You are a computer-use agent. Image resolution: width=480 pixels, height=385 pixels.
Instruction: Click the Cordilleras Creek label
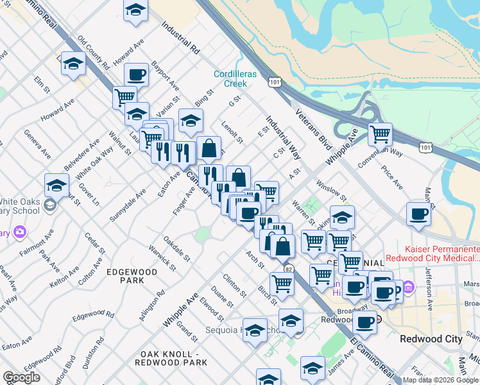click(235, 79)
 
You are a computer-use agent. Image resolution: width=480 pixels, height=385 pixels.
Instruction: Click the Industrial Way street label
click(283, 137)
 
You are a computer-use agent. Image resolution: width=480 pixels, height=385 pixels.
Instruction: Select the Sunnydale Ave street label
click(128, 205)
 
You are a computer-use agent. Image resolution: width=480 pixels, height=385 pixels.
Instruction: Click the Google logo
click(21, 377)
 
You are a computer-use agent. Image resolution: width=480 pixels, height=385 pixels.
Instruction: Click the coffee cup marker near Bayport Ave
click(136, 74)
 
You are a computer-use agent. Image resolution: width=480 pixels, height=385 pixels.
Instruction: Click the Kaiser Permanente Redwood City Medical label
click(441, 253)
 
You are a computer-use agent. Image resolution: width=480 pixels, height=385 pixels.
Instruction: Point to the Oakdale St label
click(177, 248)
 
